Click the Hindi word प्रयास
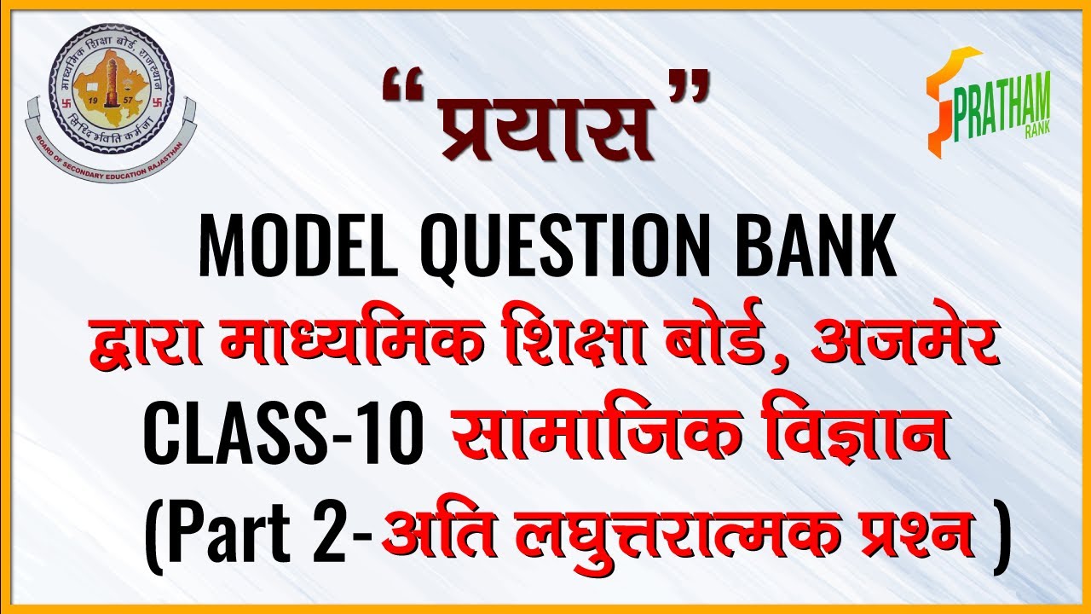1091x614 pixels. coord(545,127)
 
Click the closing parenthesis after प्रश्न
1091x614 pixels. coord(999,540)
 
